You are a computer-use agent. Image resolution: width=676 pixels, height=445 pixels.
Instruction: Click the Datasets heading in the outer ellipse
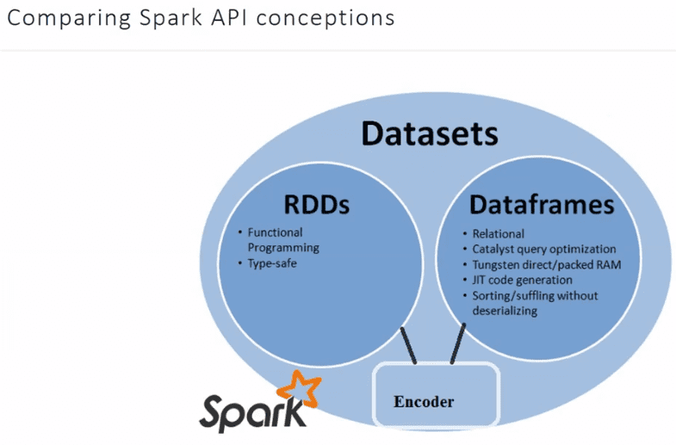tap(429, 134)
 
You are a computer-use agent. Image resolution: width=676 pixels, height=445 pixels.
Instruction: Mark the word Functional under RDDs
tap(275, 232)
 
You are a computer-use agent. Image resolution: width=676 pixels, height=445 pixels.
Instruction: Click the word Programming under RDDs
tap(283, 247)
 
